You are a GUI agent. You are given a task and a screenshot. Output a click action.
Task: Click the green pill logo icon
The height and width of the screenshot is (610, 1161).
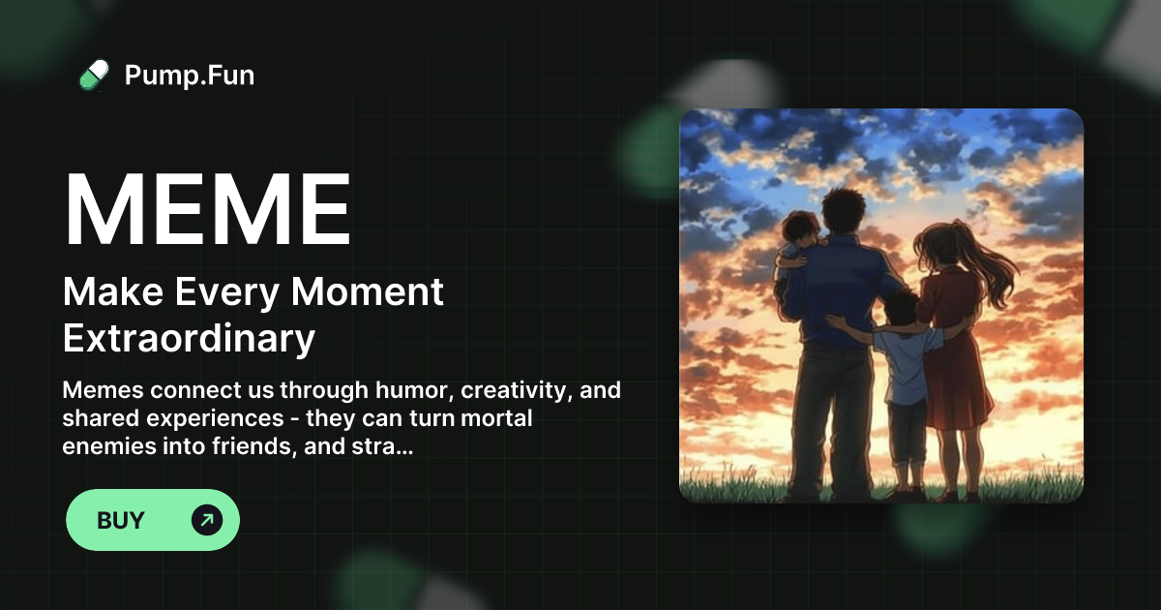(x=94, y=75)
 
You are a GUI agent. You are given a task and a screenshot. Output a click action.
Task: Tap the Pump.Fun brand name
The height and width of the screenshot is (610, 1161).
(x=190, y=75)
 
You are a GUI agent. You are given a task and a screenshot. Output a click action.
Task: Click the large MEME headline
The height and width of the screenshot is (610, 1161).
(x=207, y=211)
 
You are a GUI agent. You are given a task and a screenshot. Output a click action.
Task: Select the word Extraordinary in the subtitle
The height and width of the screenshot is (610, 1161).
(x=189, y=338)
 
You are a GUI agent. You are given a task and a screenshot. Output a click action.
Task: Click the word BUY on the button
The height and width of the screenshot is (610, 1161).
(x=121, y=521)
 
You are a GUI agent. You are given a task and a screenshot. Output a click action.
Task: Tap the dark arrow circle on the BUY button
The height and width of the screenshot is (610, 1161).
(x=207, y=521)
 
